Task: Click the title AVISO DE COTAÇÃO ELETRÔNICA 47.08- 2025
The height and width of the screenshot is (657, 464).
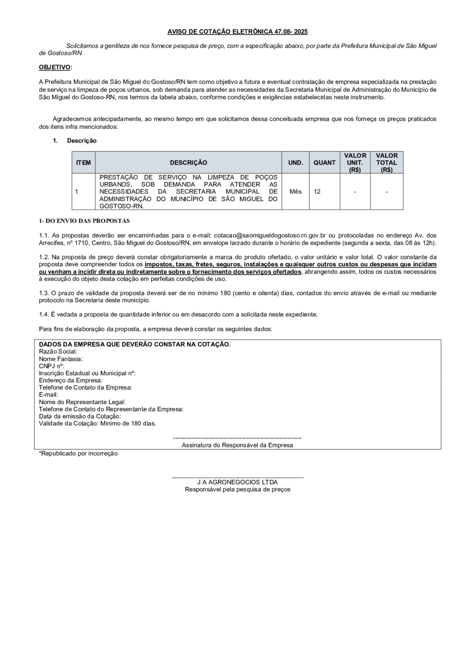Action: (x=237, y=32)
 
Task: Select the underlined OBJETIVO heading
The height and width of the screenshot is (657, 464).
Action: (x=55, y=67)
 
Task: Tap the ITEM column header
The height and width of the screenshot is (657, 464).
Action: (x=83, y=163)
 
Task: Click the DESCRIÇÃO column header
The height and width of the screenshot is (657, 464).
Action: (x=188, y=163)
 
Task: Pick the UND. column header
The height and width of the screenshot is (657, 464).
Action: (x=295, y=163)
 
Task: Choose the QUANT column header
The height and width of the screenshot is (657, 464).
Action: (x=324, y=163)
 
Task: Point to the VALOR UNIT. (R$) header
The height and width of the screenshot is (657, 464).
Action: (x=355, y=162)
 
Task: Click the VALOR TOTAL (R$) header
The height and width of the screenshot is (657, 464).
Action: (x=387, y=162)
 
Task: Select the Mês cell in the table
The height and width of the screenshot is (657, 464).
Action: (x=295, y=191)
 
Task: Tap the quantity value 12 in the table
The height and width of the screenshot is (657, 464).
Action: (x=317, y=191)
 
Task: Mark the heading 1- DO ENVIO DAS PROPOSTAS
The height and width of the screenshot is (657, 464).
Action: (x=85, y=221)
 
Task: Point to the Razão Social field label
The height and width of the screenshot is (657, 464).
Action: (x=58, y=351)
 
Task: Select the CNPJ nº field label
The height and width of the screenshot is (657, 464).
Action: (x=52, y=366)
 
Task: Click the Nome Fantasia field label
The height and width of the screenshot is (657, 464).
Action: (x=61, y=359)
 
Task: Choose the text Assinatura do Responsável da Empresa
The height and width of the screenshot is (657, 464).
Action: (x=237, y=445)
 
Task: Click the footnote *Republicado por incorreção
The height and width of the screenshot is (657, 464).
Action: (x=78, y=454)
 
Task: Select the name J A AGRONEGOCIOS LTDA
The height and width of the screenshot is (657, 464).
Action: (x=237, y=482)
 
